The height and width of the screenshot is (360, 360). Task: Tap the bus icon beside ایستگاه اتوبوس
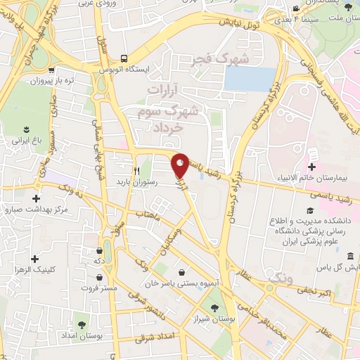(x=124, y=58)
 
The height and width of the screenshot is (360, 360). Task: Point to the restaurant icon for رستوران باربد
(x=137, y=170)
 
